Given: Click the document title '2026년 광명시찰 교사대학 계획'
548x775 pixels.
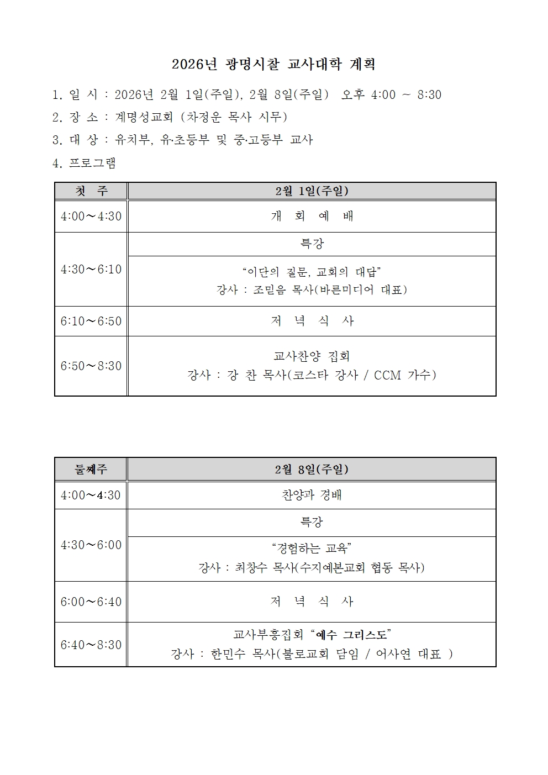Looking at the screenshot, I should coord(273,65).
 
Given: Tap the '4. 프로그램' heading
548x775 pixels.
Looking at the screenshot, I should coord(84,163).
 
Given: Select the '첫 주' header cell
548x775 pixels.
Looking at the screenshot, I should coord(91,191).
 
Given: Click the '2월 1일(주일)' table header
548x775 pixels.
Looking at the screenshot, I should coord(312,191).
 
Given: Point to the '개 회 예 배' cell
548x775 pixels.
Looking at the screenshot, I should coord(312,216).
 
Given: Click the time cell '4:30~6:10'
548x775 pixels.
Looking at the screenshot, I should coord(91,269).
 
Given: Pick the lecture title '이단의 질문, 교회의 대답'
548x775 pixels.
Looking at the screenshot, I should coord(312,271).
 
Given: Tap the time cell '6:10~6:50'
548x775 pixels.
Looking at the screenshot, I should coord(91,321).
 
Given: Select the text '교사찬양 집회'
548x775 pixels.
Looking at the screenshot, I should coord(312,356).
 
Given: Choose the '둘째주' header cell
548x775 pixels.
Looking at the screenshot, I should coord(91,470).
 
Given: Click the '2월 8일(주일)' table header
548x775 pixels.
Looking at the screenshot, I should coord(312,470).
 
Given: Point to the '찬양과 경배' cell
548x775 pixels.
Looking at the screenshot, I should coord(312,495).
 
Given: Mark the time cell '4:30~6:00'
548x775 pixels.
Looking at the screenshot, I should coord(91,545).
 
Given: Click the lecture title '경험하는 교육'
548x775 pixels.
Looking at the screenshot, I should coord(312,548).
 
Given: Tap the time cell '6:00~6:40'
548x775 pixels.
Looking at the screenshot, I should coord(91,602).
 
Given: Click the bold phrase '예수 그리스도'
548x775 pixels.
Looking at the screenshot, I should coord(351,634).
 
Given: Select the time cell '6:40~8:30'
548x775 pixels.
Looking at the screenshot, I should coord(91,645).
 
